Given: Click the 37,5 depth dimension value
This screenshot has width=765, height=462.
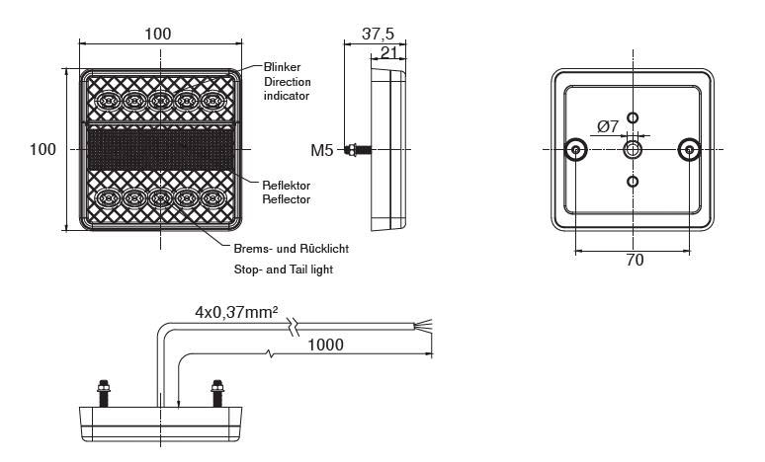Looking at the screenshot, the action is point(378,34).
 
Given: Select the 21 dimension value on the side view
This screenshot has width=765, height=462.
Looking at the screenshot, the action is point(388,52).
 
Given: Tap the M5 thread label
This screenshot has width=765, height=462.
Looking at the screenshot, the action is point(322,150).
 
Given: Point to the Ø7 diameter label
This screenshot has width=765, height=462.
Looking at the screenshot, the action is point(608,126).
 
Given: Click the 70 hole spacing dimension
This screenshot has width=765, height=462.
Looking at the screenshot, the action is point(635,261).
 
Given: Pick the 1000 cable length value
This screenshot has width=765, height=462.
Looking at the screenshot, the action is point(325,345).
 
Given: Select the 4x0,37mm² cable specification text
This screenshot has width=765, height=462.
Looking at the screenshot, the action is point(236,311).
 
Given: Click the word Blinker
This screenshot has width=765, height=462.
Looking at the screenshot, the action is point(282,67).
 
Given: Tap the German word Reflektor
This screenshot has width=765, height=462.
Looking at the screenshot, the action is point(287,186).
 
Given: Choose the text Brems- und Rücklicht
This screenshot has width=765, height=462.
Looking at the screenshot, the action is point(292,249).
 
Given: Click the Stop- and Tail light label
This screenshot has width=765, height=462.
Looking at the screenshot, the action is point(284,269).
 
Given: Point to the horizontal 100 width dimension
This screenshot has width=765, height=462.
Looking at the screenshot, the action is point(158,34).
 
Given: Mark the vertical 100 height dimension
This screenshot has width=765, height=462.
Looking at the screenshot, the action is point(42,149).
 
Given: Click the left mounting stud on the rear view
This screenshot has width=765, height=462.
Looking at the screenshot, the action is point(575,150).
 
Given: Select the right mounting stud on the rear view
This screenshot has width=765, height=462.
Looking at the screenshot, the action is point(689,150).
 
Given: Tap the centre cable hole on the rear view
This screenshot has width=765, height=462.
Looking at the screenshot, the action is point(633,150).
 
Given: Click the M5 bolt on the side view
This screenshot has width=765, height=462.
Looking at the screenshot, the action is point(357,150).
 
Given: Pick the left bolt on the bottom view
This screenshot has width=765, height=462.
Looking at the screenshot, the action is point(104,393).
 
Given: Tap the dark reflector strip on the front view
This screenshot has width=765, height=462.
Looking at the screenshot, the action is point(160,149).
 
